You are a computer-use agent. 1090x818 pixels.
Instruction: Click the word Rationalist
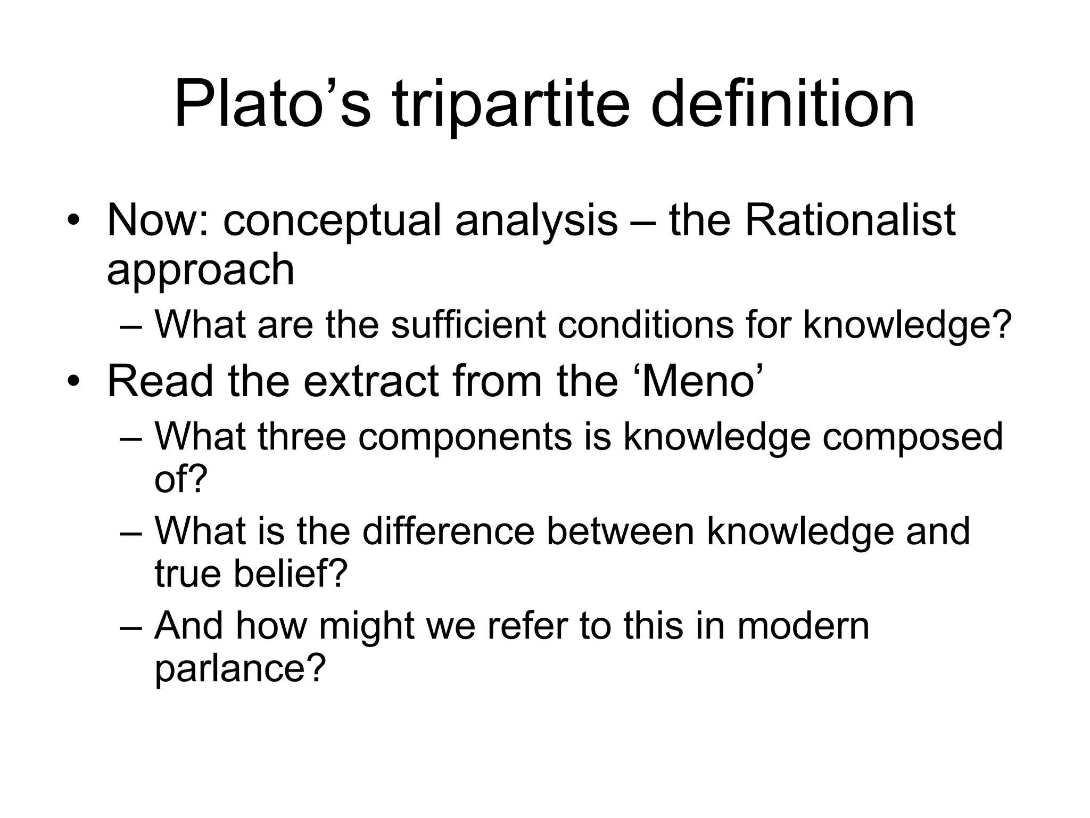tap(850, 220)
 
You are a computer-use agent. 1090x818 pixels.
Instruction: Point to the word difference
tap(448, 531)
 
